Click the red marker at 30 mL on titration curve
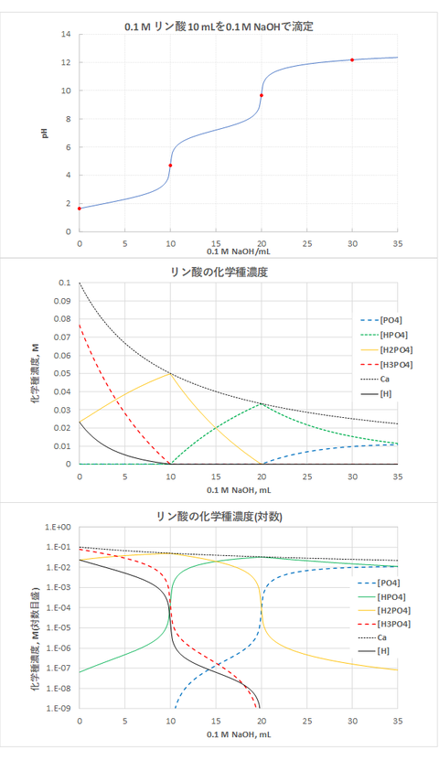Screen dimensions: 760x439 (x=352, y=60)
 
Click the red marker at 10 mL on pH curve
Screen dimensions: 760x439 (x=170, y=166)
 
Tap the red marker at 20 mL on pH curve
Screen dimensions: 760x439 (x=262, y=95)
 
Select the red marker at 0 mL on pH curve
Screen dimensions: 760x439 (x=80, y=209)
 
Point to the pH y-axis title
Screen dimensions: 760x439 (x=43, y=133)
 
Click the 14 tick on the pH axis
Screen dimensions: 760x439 (x=64, y=35)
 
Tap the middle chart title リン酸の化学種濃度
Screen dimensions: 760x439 (x=219, y=272)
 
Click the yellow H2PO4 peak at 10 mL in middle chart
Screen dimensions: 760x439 (x=170, y=374)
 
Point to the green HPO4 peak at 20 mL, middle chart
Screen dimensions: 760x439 (x=262, y=404)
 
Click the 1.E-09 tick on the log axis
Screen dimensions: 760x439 (x=56, y=708)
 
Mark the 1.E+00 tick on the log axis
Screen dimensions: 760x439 (x=56, y=529)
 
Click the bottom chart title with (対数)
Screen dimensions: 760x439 (x=219, y=517)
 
